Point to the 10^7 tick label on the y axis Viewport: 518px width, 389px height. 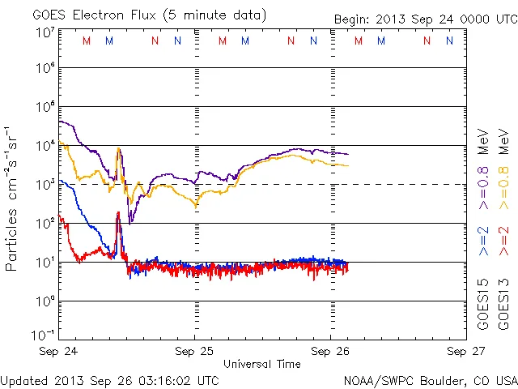click(x=45, y=32)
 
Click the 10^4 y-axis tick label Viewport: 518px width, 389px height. click(x=45, y=144)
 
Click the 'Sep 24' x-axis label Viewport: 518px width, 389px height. click(x=59, y=352)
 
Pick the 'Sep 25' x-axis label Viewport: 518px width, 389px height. click(x=195, y=352)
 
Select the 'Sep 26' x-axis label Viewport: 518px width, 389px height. click(x=330, y=352)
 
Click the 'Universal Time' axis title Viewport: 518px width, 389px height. click(x=262, y=364)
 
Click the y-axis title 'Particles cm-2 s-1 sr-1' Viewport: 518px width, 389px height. click(x=12, y=199)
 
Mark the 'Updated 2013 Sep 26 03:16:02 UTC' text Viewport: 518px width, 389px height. click(x=109, y=379)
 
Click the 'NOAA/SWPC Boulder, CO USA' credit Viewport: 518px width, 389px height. click(x=430, y=379)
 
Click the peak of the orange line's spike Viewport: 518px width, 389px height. click(x=119, y=148)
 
